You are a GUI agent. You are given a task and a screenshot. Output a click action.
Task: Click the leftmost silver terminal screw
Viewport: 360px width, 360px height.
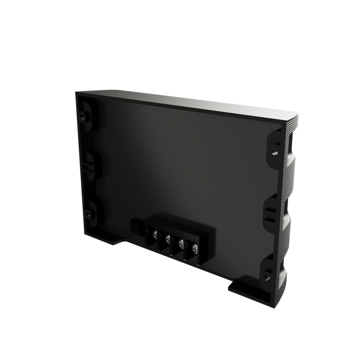coord(155,233)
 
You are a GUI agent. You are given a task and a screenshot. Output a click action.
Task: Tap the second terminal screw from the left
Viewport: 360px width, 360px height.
coord(168,238)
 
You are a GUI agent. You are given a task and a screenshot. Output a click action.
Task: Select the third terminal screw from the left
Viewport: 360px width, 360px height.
coord(181,244)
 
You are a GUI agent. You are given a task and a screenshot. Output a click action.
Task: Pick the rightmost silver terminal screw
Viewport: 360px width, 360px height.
coord(194,248)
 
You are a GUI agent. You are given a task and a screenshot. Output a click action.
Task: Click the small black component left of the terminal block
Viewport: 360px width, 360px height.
coord(135,227)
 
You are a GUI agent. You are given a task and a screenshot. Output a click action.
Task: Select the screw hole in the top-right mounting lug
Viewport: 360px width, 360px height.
coord(274,152)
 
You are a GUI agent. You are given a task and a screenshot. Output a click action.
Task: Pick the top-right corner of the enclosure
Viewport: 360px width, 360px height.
coord(298,112)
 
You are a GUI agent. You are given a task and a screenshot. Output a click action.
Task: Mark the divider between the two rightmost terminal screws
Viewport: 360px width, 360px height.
coord(188,248)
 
